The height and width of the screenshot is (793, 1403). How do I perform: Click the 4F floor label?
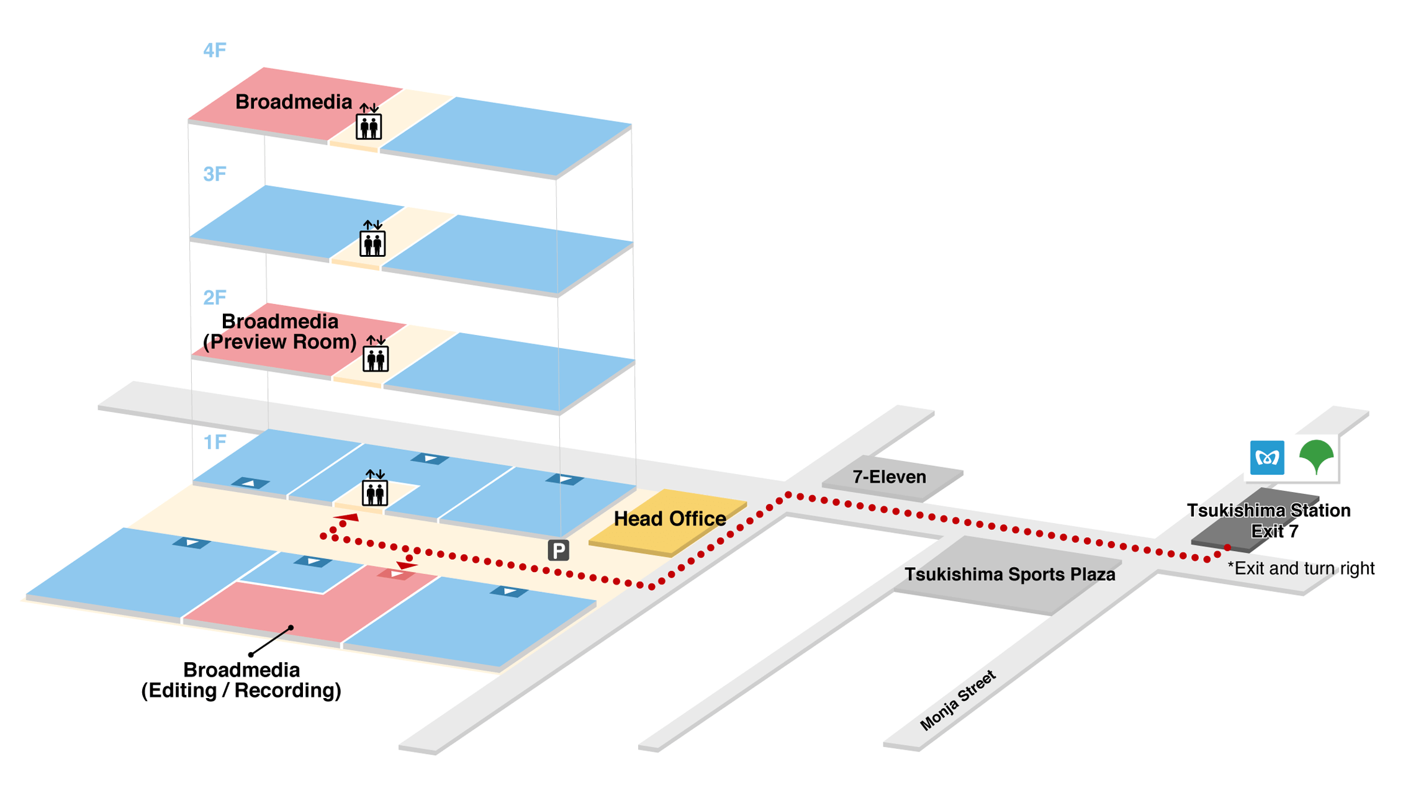[215, 50]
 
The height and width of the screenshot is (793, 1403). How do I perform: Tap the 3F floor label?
[215, 174]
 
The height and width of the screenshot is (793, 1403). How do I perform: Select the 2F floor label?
[215, 298]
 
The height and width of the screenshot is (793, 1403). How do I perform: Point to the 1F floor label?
[215, 442]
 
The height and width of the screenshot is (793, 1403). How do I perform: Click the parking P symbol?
[558, 550]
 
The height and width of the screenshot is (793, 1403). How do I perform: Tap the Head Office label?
[670, 519]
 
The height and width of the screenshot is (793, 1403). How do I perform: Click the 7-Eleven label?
[889, 477]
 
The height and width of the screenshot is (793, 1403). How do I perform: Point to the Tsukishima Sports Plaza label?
[1009, 575]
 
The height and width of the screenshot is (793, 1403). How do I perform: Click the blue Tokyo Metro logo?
[1267, 458]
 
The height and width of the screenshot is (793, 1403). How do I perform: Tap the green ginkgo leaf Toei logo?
[1316, 457]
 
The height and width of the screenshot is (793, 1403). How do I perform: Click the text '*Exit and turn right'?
[1301, 568]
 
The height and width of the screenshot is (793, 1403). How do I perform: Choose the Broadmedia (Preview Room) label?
[280, 332]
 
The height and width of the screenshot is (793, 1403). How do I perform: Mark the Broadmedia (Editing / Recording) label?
[241, 680]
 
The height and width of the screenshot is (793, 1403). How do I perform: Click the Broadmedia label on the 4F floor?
[294, 102]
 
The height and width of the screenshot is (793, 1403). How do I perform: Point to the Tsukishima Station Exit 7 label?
[1269, 521]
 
